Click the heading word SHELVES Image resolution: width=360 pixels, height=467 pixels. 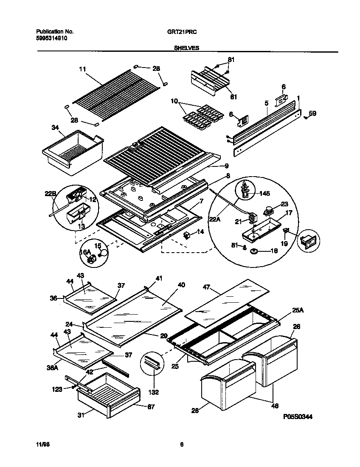tap(187, 48)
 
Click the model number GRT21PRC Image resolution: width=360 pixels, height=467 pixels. tap(185, 31)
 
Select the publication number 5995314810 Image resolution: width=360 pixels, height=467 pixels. tap(51, 38)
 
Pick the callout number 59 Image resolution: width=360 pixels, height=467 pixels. tap(312, 113)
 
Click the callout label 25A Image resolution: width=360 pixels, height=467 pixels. tap(298, 311)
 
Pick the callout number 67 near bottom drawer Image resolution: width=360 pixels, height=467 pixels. tap(151, 406)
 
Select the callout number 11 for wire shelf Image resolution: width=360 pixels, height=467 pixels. tap(82, 68)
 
